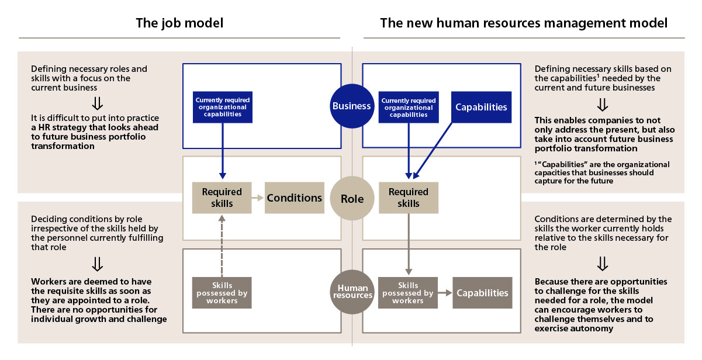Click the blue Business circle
point(352,106)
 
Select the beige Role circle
point(352,199)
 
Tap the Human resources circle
point(352,291)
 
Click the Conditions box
point(295,198)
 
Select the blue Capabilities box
point(481,107)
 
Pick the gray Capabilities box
point(482,293)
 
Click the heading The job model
point(179,23)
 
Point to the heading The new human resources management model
point(523,23)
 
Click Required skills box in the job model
point(222,198)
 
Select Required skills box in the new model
point(408,198)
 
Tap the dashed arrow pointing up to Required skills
point(222,245)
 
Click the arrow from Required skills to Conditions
point(258,198)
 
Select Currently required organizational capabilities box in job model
point(222,107)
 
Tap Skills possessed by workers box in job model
point(222,293)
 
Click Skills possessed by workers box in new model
point(408,293)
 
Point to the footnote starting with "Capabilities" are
point(602,172)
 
